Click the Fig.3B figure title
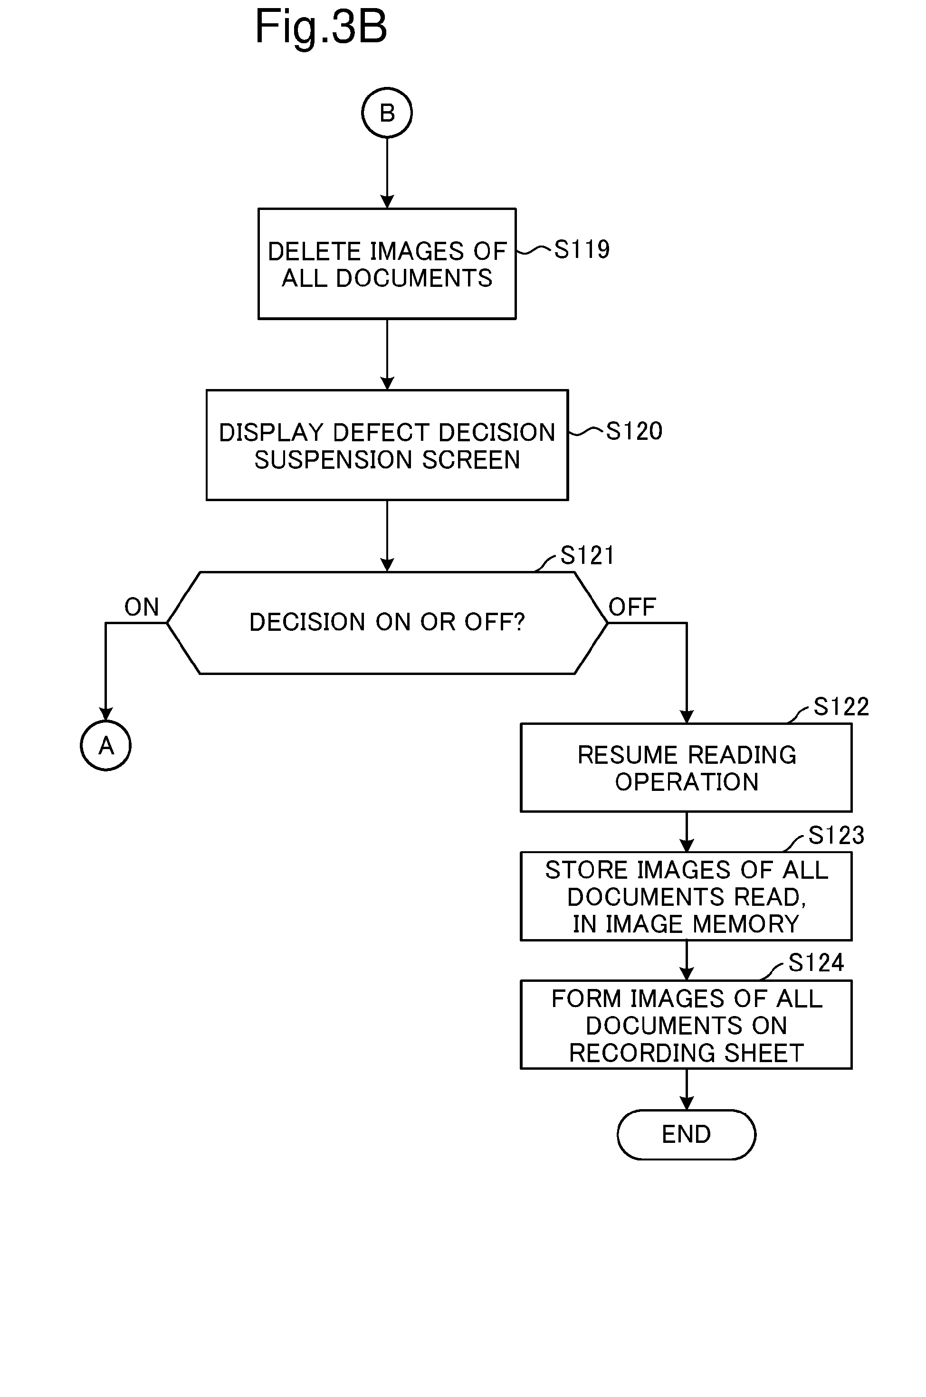pos(321,28)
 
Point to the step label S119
pos(582,250)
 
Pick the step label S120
pos(634,431)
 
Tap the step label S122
pos(841,707)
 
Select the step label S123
pos(836,836)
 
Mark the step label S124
pos(817,963)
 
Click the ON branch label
pos(142,607)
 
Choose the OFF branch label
pos(632,607)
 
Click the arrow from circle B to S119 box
pos(387,173)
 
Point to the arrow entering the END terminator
pos(686,1089)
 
